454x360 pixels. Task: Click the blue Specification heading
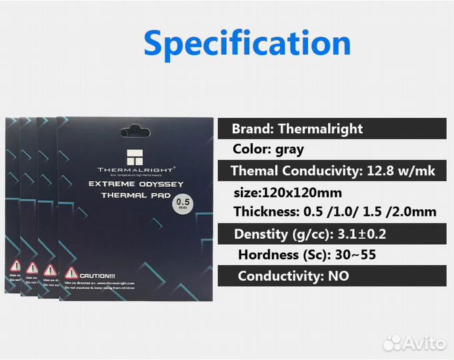click(247, 43)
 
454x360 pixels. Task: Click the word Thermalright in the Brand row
click(321, 129)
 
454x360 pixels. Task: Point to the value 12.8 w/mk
click(401, 171)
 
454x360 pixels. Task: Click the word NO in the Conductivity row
click(338, 275)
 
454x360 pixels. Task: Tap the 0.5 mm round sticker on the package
click(183, 204)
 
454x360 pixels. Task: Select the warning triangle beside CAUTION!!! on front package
click(70, 273)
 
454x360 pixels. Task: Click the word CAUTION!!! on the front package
click(97, 275)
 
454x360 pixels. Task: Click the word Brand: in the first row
click(253, 129)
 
